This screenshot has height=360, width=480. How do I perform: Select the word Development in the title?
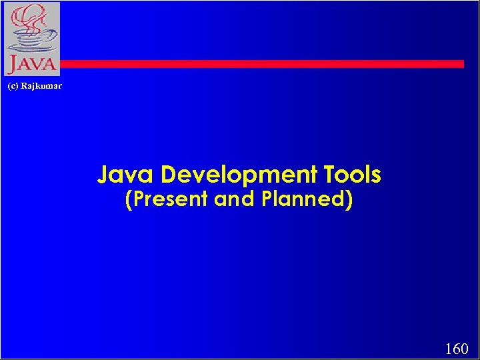coord(241,175)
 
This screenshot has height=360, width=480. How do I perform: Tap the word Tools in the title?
coord(353,175)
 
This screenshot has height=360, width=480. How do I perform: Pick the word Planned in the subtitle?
coord(302,199)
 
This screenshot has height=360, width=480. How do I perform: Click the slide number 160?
coord(457,349)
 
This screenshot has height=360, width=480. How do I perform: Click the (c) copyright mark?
coord(12,86)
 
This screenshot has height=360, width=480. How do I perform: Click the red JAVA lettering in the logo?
coord(31,65)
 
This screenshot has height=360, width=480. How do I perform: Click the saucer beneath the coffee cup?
coord(30,51)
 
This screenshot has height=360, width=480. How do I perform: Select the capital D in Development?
coord(169,175)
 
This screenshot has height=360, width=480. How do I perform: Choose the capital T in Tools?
coord(331,175)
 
